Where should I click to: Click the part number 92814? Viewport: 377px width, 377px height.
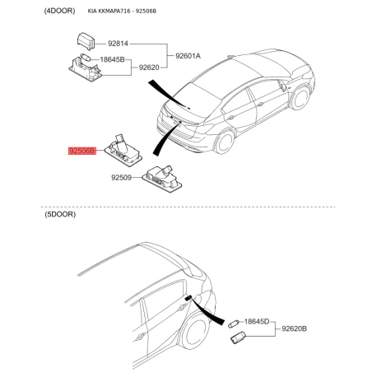[x=118, y=44]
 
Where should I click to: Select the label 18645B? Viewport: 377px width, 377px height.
[x=112, y=59]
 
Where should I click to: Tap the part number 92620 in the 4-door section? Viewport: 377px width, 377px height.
[x=149, y=67]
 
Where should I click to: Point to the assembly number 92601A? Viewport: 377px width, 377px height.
[x=188, y=56]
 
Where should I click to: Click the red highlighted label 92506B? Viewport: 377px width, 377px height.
[x=82, y=151]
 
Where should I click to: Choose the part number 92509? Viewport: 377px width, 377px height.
[x=121, y=178]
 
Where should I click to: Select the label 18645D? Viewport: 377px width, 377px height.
[x=257, y=321]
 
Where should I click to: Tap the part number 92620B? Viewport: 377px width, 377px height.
[x=295, y=328]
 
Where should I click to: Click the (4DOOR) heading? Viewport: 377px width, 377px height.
[x=59, y=11]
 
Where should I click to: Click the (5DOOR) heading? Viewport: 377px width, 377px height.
[x=60, y=214]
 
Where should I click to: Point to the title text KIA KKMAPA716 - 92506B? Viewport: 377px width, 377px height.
[x=122, y=12]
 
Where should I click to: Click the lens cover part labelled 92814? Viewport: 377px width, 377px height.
[x=86, y=41]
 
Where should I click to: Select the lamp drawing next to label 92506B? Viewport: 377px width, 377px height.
[x=123, y=151]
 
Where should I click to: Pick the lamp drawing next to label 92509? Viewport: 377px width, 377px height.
[x=162, y=179]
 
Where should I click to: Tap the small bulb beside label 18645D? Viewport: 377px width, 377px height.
[x=234, y=323]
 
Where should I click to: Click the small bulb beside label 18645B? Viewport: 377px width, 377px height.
[x=86, y=58]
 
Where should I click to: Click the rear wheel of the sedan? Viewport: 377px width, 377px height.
[x=225, y=142]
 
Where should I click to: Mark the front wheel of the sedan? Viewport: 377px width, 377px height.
[x=300, y=98]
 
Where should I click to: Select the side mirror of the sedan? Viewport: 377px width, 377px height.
[x=282, y=86]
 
